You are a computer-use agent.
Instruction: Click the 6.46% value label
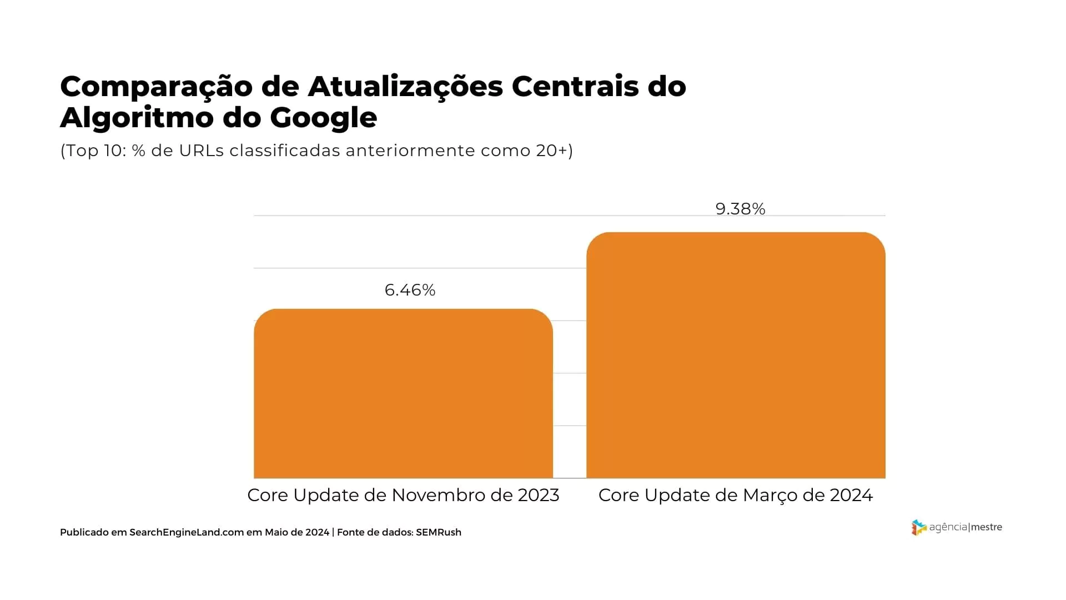[x=410, y=290]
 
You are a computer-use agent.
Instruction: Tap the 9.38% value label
[x=740, y=209]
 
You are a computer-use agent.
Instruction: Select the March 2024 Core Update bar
[x=736, y=356]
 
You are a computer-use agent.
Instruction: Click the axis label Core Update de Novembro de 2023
[x=403, y=495]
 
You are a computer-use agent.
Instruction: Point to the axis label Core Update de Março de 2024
[x=735, y=495]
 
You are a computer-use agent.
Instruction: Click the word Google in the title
[x=323, y=118]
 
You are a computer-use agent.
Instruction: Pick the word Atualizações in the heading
[x=405, y=87]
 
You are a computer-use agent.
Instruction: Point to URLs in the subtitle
[x=201, y=151]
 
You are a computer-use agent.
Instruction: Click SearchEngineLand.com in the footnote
[x=187, y=532]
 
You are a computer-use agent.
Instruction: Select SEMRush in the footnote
[x=438, y=532]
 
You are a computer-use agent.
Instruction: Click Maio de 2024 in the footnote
[x=296, y=532]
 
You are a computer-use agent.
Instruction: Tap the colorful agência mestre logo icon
[x=918, y=527]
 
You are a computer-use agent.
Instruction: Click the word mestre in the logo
[x=986, y=527]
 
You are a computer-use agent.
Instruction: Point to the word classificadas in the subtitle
[x=285, y=151]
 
